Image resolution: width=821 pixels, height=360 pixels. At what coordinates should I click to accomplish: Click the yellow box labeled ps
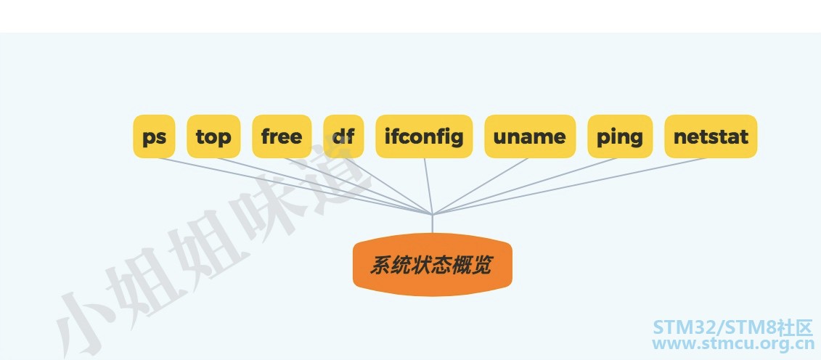click(154, 136)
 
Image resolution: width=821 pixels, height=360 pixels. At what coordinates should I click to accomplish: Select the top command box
click(213, 136)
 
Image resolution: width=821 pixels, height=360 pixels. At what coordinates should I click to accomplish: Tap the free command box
click(282, 136)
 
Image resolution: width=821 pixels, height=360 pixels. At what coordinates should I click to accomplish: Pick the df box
click(343, 136)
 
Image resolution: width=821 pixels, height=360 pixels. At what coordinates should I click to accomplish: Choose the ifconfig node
click(424, 136)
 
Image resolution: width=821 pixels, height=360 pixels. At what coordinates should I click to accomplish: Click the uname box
click(530, 136)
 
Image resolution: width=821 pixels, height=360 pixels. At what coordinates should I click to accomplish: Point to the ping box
click(620, 136)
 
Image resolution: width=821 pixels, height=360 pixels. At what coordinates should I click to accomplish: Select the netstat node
click(711, 136)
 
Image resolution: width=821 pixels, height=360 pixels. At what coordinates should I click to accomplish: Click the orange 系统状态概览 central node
click(433, 265)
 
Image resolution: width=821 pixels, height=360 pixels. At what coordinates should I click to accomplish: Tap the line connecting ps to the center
click(294, 187)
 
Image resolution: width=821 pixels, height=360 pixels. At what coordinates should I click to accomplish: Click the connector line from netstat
click(569, 187)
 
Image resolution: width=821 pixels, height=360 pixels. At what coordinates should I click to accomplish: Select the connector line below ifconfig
click(428, 187)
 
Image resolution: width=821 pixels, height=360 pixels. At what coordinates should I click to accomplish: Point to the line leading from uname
click(480, 187)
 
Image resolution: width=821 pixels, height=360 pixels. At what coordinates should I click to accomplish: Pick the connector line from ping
click(525, 187)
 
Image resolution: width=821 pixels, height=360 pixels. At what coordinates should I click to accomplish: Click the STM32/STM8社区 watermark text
click(732, 328)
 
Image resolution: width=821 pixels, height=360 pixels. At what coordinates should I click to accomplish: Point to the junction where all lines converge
click(433, 214)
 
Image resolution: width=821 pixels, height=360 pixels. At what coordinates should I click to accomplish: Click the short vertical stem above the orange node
click(433, 224)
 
